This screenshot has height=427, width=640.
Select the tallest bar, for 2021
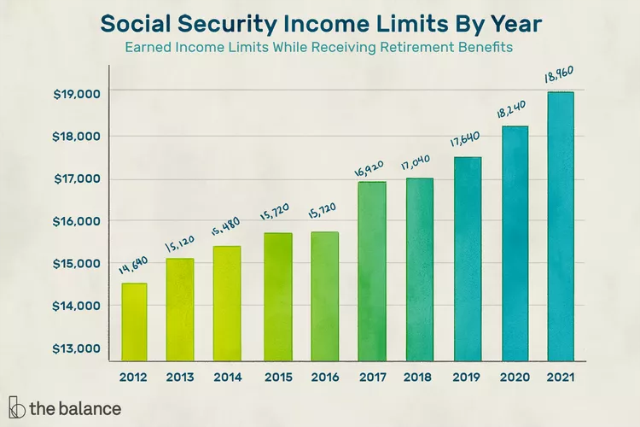coord(560,226)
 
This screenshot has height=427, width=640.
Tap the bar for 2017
coord(372,271)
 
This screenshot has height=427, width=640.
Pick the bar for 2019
coord(467,259)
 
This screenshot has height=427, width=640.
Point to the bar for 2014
coord(227,303)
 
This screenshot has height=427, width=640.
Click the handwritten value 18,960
coord(559,77)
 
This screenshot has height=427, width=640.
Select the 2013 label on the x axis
coord(181,376)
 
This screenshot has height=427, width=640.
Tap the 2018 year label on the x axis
coord(419,376)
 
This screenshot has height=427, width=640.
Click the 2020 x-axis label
coord(515,376)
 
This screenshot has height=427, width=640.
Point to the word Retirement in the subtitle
coord(416,47)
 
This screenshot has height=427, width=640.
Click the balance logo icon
coord(15,407)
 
